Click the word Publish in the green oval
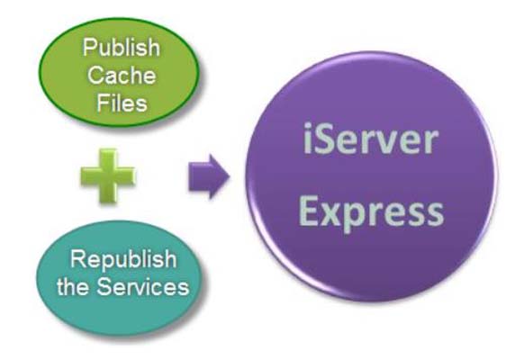[x=121, y=47]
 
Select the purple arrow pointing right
[x=208, y=178]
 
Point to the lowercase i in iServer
[x=308, y=146]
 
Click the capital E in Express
[x=309, y=211]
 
